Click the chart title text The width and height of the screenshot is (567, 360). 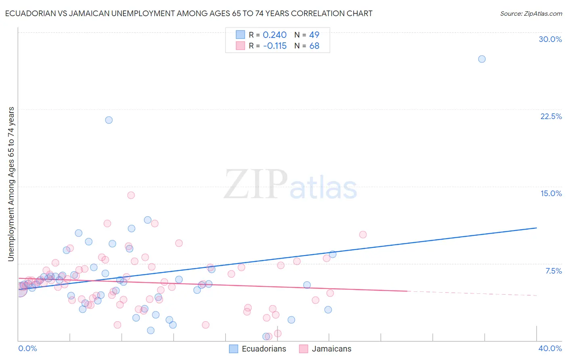(189, 13)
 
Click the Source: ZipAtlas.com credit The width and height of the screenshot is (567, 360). (531, 14)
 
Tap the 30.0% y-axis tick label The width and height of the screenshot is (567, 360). (550, 39)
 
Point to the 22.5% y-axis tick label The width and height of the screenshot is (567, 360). (551, 116)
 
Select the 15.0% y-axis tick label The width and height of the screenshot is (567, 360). (551, 193)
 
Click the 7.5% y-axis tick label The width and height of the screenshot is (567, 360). (553, 271)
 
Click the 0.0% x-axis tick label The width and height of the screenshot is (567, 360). (27, 348)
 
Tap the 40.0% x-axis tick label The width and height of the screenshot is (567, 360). (550, 348)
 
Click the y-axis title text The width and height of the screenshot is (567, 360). (11, 184)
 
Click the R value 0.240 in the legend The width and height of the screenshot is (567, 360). (275, 35)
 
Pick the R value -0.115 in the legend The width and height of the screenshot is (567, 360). (275, 46)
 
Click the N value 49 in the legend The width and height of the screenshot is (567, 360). (314, 35)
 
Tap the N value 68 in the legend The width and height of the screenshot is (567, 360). (314, 46)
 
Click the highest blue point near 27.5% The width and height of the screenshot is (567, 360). (482, 59)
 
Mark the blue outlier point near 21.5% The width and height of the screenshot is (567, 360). (109, 120)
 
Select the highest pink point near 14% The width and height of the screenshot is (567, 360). (131, 195)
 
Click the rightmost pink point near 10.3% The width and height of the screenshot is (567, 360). (363, 234)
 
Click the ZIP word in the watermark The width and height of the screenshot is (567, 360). (256, 184)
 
